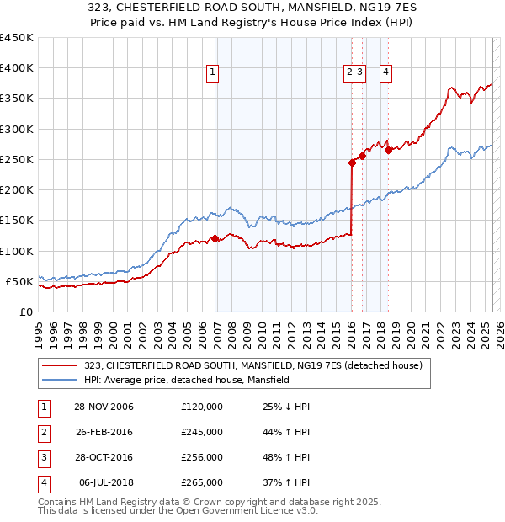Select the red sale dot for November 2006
(x=215, y=238)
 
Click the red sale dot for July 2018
(x=388, y=150)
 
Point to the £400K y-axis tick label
(x=17, y=68)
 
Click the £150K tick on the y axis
(x=17, y=221)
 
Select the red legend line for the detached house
(x=59, y=365)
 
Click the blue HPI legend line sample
(x=59, y=381)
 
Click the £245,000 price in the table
(x=202, y=432)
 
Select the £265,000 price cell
(x=202, y=482)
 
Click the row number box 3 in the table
(x=41, y=457)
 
